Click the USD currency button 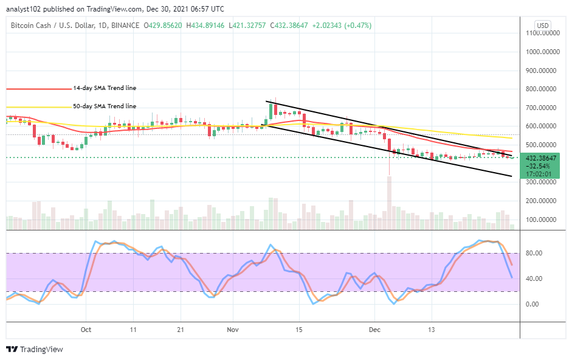coord(542,26)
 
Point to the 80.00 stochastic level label coord(534,253)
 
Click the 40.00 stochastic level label coord(534,279)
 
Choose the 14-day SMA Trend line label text coord(105,88)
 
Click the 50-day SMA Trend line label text coord(105,106)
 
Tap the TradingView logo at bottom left coord(35,350)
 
